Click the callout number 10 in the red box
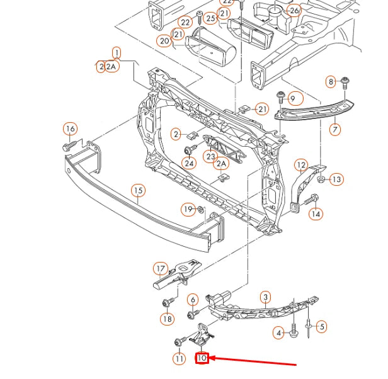tap(202, 358)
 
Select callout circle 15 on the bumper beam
tap(139, 190)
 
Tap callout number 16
tap(70, 129)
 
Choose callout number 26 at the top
tap(293, 11)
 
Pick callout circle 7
tap(334, 130)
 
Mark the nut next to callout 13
tap(321, 179)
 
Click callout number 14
tap(316, 214)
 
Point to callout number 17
tap(161, 268)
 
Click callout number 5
tap(321, 326)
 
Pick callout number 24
tap(189, 164)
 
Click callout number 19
tap(188, 208)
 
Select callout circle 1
tap(117, 53)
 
